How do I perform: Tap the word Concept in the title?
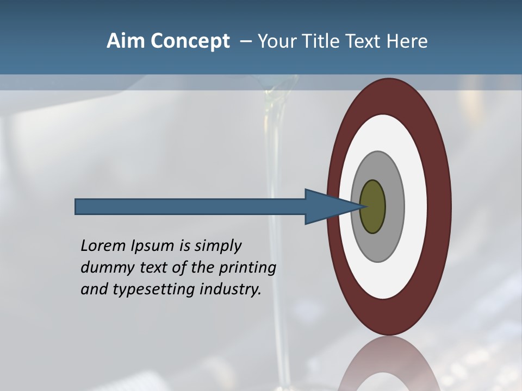190,41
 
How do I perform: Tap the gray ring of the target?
394,207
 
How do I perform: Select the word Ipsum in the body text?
153,246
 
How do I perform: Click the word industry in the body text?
231,290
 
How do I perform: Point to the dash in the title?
246,42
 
